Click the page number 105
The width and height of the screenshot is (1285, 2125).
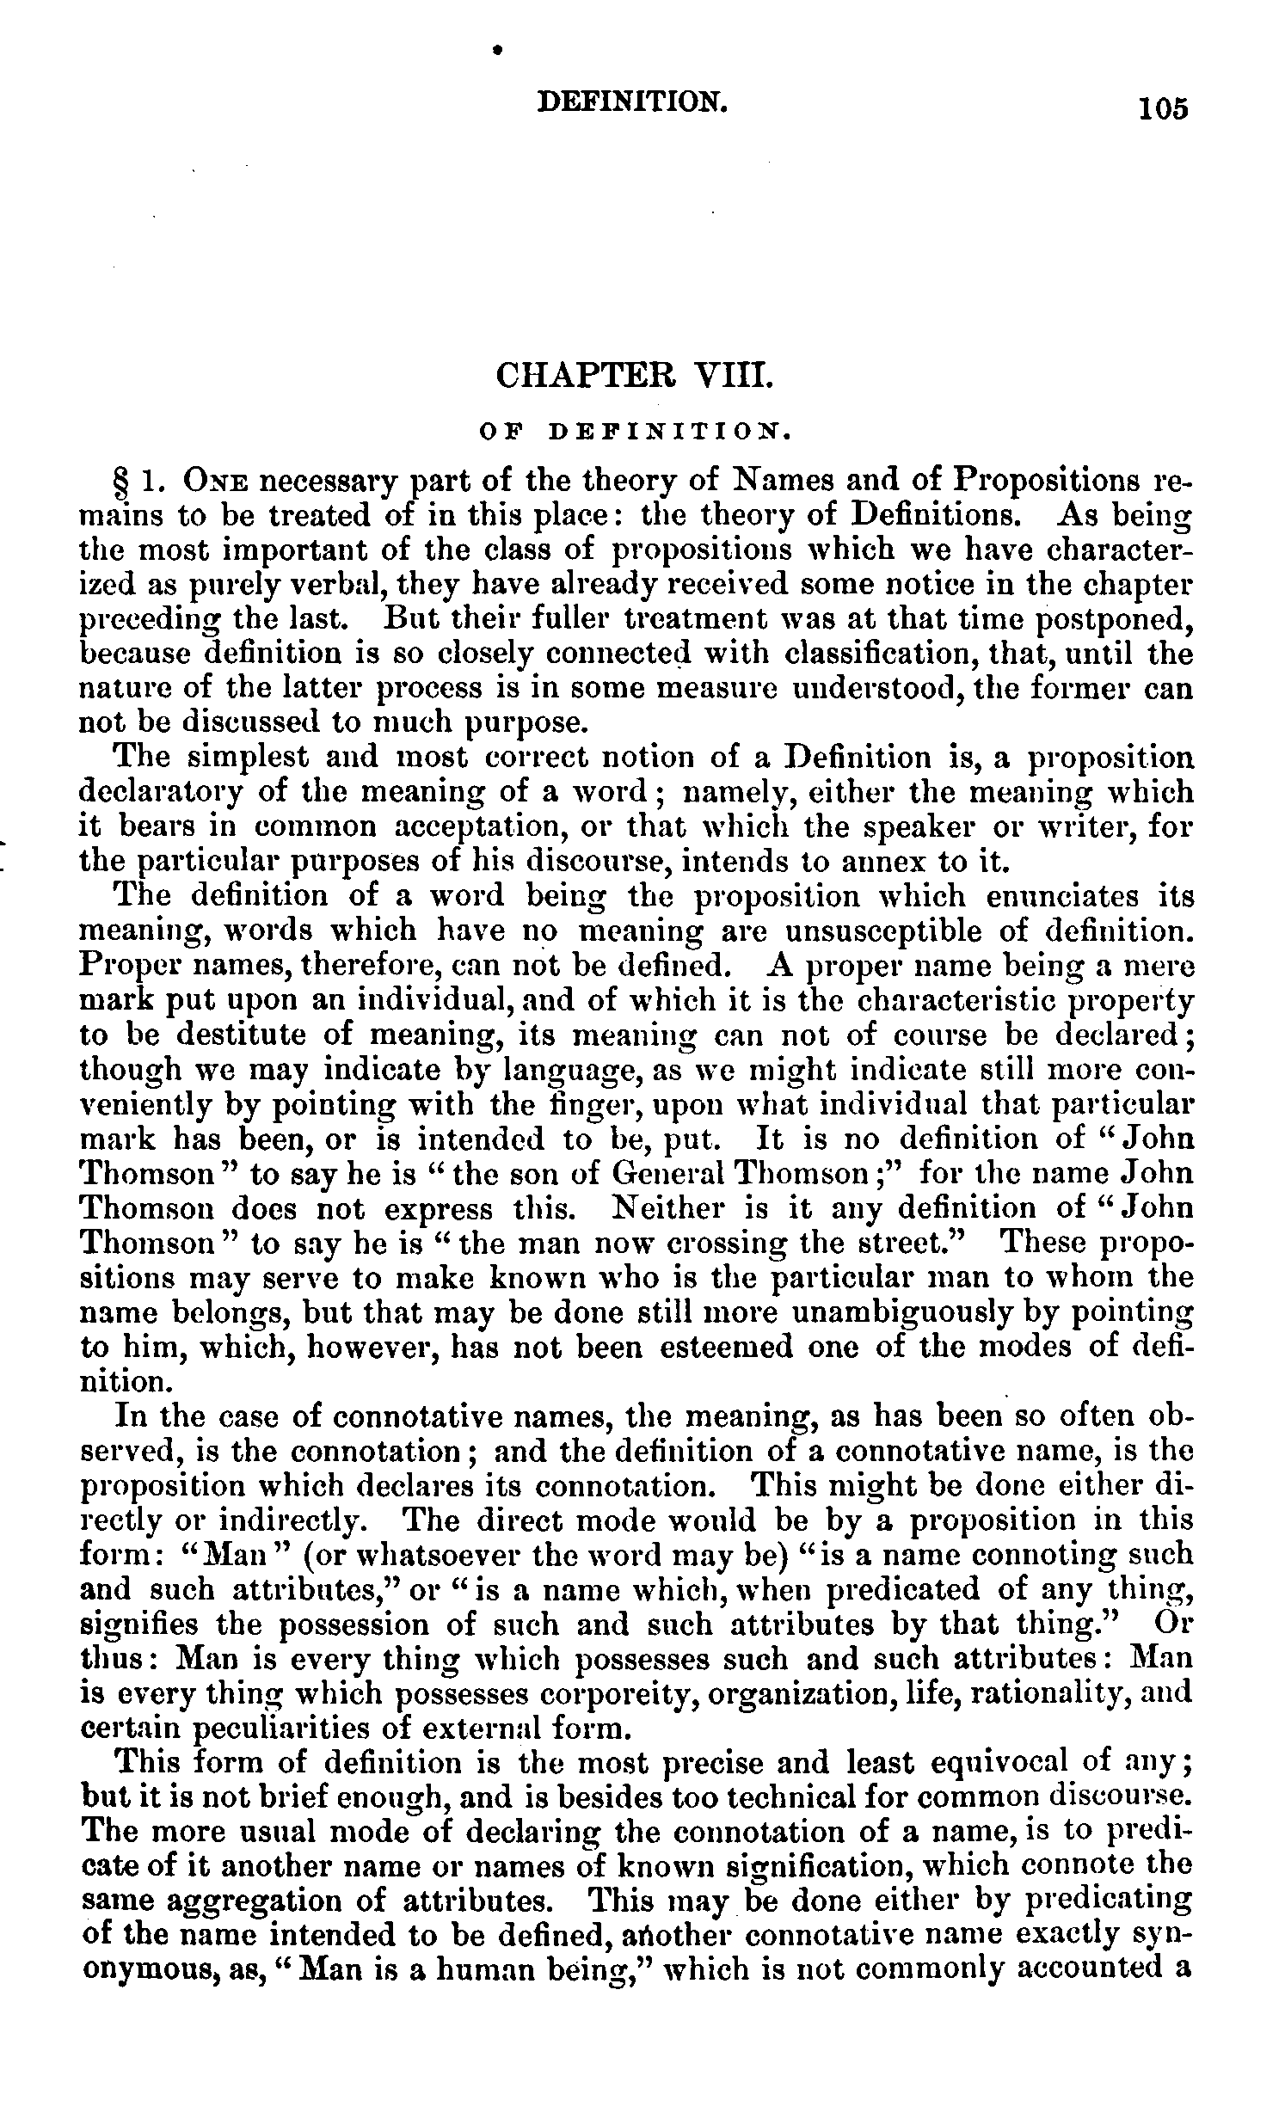[x=1163, y=109]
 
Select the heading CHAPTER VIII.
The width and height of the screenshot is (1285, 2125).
[x=631, y=377]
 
